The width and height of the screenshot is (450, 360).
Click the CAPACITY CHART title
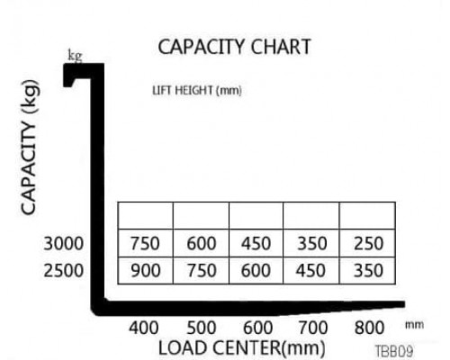234,47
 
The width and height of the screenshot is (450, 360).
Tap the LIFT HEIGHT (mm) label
197,90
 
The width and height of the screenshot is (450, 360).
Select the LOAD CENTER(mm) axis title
242,348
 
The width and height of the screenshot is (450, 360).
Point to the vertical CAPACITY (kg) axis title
30,147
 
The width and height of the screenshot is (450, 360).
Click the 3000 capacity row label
64,243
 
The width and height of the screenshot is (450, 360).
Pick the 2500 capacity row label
64,271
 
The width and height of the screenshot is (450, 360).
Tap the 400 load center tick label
144,328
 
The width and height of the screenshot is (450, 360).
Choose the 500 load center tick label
202,328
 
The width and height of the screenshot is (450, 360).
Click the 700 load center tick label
313,328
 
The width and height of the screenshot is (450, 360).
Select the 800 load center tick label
369,328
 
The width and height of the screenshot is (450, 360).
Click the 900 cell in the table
146,271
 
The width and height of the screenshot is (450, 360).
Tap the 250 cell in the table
369,243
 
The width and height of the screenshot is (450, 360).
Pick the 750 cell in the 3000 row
145,243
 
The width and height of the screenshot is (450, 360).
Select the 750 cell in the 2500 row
202,271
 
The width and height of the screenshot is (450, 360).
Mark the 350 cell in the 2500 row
369,271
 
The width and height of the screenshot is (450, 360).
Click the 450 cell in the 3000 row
256,243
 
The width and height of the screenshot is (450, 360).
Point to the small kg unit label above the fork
75,56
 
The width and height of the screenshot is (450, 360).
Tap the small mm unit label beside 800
415,325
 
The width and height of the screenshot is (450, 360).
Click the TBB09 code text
394,351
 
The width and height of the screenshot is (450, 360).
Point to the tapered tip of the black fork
404,304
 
